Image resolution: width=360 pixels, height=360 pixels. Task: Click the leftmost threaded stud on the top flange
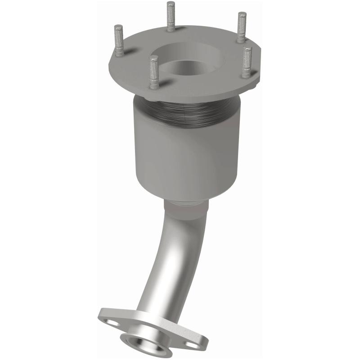coord(119,40)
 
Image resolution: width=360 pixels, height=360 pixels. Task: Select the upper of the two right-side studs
coord(242,27)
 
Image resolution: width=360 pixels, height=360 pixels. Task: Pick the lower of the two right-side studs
coord(247,62)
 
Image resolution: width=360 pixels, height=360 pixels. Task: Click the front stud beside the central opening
coord(154,72)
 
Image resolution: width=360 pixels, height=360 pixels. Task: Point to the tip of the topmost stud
coord(171,4)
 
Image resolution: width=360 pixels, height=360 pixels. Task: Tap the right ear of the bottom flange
coord(198,344)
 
